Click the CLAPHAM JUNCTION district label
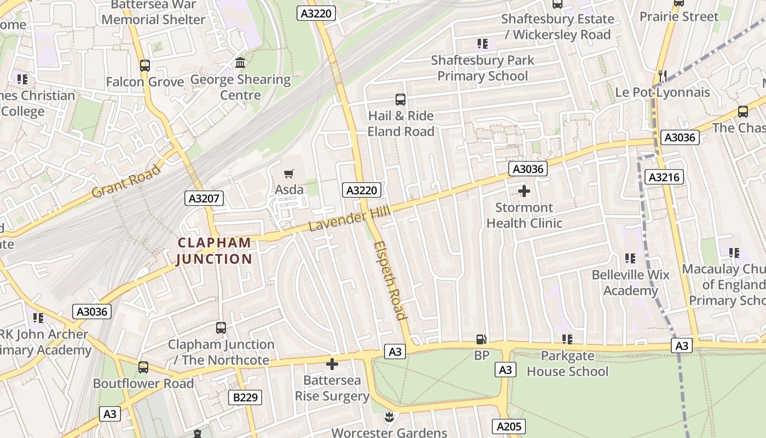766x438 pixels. (x=214, y=251)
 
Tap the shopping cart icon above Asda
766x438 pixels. (x=289, y=174)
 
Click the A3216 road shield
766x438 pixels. (x=665, y=177)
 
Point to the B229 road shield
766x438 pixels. (x=245, y=397)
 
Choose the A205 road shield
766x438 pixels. (x=509, y=427)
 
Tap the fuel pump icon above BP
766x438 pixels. (x=481, y=340)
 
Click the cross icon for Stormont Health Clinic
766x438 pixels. (x=524, y=191)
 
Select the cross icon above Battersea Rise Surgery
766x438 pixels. (x=332, y=364)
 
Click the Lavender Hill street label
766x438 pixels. (x=349, y=218)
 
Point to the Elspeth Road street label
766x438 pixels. (x=391, y=280)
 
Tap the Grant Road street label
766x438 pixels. (x=126, y=181)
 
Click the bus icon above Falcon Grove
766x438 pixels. (x=145, y=66)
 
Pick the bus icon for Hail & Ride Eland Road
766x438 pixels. (x=401, y=100)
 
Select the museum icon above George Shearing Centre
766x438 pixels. (x=240, y=63)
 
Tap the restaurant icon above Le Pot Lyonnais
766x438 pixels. (x=662, y=76)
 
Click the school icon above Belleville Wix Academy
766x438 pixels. (x=630, y=258)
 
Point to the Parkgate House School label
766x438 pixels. (x=567, y=364)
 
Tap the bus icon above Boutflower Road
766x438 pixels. (x=143, y=367)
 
